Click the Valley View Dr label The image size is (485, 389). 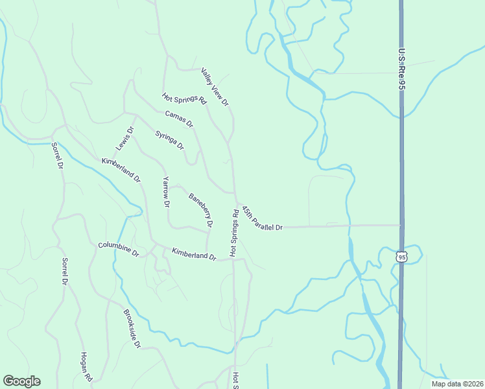215,87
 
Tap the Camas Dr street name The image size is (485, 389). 179,119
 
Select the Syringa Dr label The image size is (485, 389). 169,139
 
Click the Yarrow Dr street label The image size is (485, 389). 166,192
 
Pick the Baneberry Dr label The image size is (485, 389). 200,210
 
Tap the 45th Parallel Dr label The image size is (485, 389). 262,219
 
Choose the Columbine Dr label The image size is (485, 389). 119,249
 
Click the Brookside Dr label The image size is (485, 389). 132,329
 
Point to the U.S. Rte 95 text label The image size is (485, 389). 402,72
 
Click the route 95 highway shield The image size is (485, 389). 401,257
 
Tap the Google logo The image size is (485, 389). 21,381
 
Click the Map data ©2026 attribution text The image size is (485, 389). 457,384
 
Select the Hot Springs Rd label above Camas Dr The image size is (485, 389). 184,100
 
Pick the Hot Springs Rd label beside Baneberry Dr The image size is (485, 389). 233,231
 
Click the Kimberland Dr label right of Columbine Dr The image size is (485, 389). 193,253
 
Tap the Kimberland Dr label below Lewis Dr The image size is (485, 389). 121,170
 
